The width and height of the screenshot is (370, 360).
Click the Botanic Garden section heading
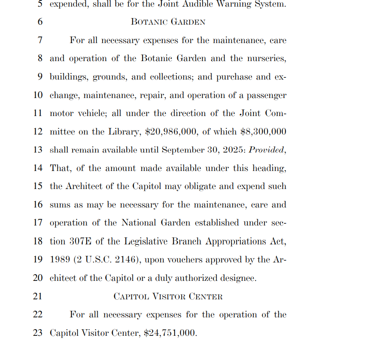(168, 22)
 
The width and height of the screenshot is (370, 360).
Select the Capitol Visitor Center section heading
(168, 296)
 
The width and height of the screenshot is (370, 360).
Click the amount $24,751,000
(169, 333)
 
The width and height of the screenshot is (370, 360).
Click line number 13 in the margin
(38, 150)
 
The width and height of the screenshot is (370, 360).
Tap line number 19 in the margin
(38, 260)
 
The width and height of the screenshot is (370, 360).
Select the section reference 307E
(80, 241)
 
